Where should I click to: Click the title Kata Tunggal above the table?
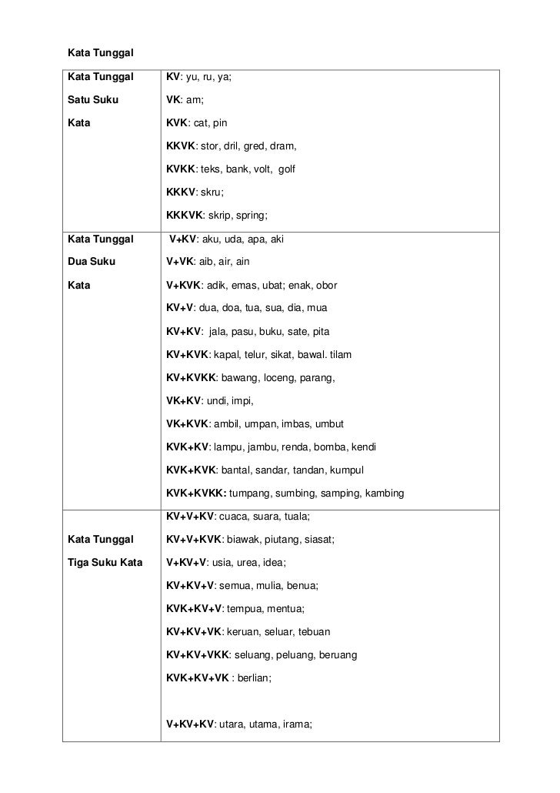pyautogui.click(x=102, y=53)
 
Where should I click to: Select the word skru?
pyautogui.click(x=212, y=192)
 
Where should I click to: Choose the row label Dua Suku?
pyautogui.click(x=92, y=262)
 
